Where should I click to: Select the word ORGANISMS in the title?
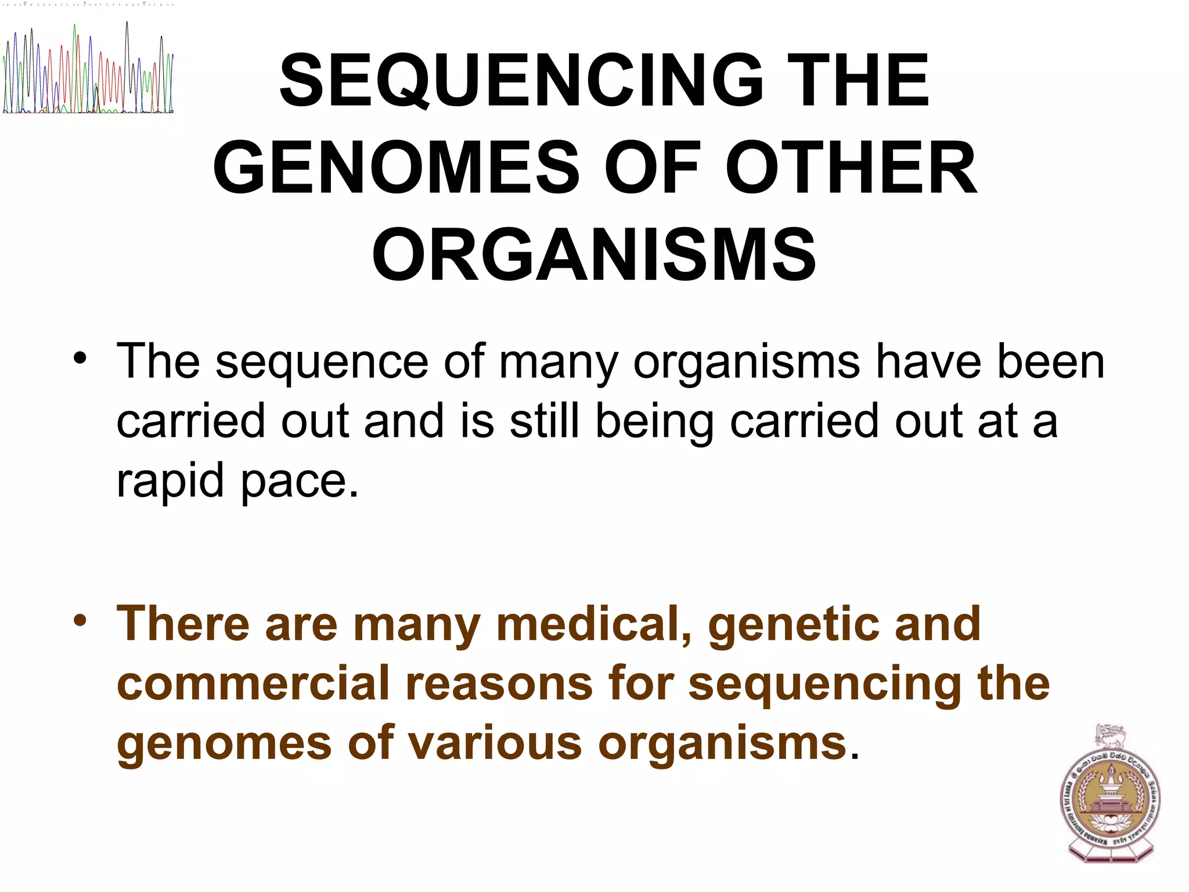coord(594,256)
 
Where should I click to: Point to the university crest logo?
coord(1109,795)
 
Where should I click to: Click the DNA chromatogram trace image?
coord(88,70)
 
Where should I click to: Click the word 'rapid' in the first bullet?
coord(170,481)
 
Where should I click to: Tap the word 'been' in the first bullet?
coord(1050,362)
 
